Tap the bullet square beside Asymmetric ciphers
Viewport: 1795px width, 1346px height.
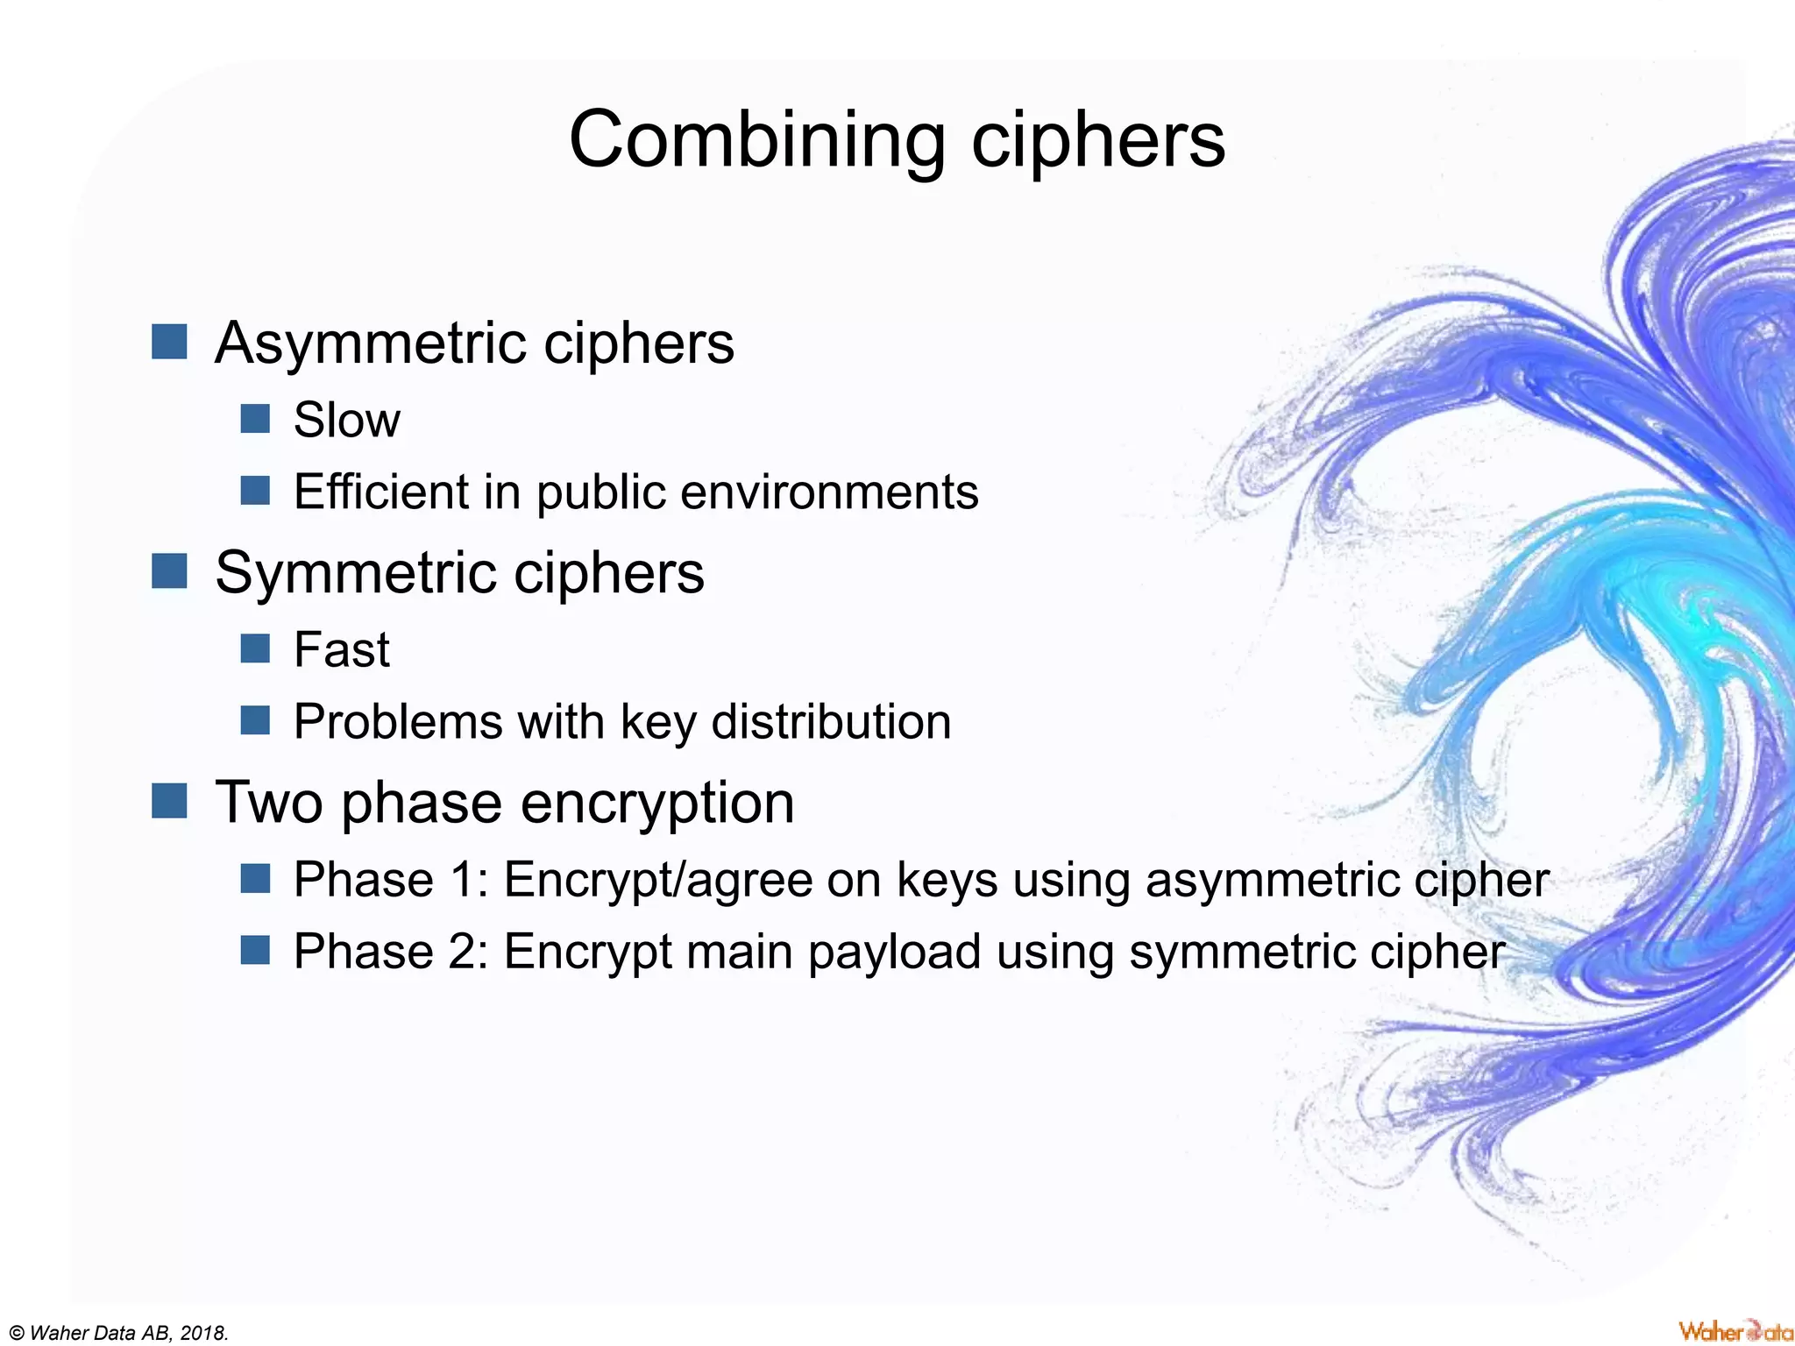click(169, 342)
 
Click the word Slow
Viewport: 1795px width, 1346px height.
click(347, 420)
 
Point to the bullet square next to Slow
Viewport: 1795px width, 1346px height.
click(255, 419)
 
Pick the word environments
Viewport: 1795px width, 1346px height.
click(829, 492)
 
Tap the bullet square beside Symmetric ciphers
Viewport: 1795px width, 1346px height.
click(169, 571)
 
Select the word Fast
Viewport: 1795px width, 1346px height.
click(342, 649)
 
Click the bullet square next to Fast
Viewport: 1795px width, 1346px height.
click(255, 649)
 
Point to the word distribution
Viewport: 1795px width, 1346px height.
click(831, 722)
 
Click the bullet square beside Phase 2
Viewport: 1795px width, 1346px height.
click(255, 950)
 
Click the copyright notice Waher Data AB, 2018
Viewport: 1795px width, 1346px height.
click(119, 1333)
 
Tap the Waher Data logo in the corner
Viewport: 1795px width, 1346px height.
click(1735, 1330)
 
